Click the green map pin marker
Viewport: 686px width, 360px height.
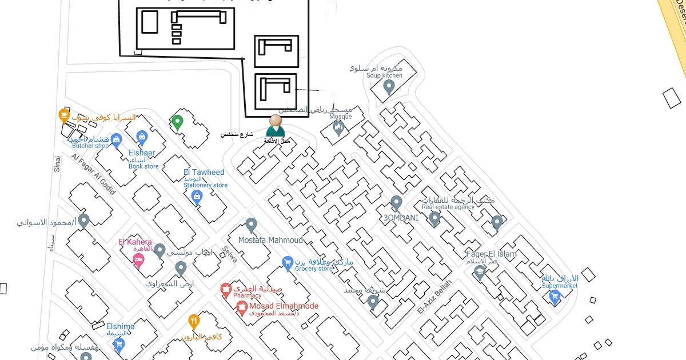177,122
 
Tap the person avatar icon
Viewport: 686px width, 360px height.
276,126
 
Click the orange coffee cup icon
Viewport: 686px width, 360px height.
65,115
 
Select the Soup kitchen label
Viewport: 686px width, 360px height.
384,75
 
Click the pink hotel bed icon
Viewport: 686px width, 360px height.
138,261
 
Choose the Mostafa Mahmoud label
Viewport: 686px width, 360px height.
270,240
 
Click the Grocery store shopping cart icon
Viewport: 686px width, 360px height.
288,263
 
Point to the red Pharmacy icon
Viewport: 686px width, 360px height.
226,290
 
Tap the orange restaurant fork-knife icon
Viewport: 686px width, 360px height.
194,321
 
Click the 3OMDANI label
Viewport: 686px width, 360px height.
401,218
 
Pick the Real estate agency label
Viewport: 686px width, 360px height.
448,207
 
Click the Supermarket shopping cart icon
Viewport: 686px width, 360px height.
554,296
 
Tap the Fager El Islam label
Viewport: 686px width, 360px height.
491,254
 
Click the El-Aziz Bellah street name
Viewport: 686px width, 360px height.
434,296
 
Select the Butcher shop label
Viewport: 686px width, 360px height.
90,146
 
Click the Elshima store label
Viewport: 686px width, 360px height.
120,327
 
